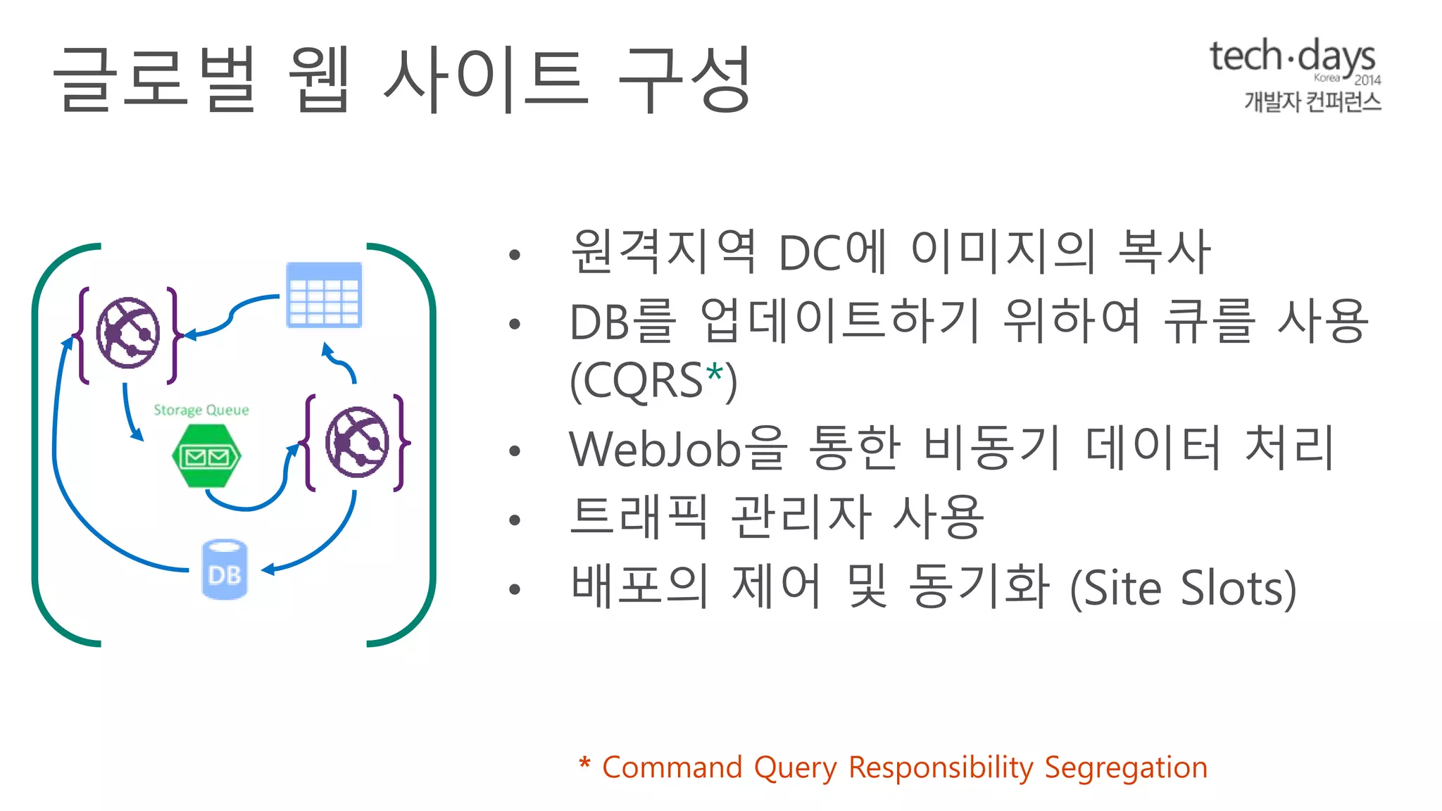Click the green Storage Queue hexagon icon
tap(206, 456)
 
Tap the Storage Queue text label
tap(201, 410)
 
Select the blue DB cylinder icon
tap(225, 570)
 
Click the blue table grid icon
tap(324, 295)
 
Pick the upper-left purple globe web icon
tap(128, 333)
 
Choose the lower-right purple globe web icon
tap(357, 442)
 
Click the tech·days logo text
tap(1292, 56)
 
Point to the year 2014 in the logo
tap(1367, 80)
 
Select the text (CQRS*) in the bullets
tap(653, 381)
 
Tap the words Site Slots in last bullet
tap(1183, 589)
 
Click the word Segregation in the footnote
tap(1126, 767)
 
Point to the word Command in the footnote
tap(672, 767)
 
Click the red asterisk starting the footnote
tap(584, 765)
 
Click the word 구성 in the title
tap(684, 79)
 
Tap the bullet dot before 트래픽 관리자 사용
tap(515, 520)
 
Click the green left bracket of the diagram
tap(37, 444)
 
